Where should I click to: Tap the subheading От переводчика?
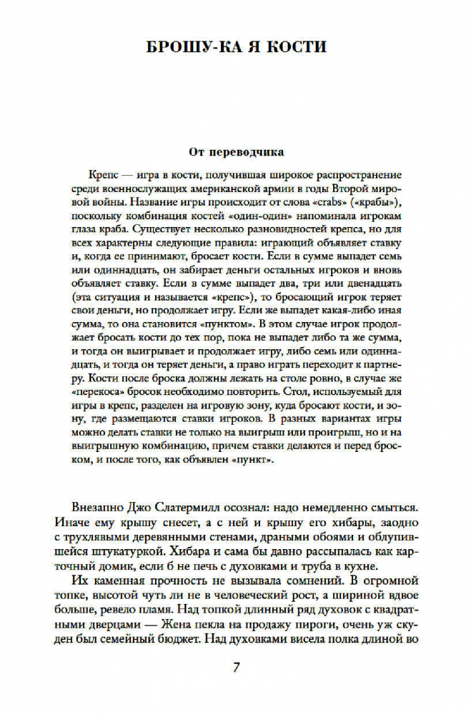236,151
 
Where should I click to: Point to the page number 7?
236,668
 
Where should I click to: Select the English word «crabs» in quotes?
328,201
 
